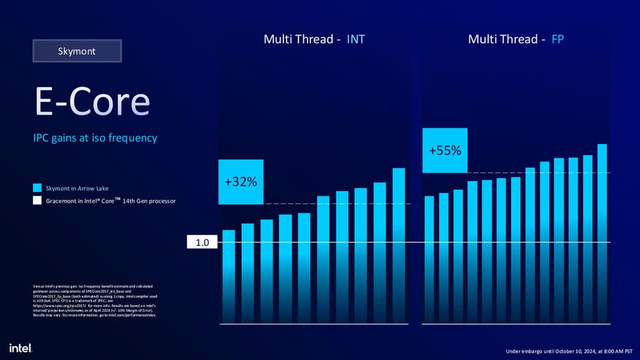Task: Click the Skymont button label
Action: [76, 51]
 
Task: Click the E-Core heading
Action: [92, 103]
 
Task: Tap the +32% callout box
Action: [241, 181]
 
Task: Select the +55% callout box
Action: [445, 150]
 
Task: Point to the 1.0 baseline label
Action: [202, 243]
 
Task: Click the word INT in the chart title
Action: [355, 40]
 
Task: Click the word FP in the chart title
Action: [558, 40]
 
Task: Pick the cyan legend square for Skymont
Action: [37, 188]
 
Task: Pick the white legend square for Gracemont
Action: [37, 200]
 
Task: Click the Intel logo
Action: [20, 348]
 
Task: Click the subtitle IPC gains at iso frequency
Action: [95, 138]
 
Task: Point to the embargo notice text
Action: [569, 350]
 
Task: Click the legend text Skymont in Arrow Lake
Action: [77, 188]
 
